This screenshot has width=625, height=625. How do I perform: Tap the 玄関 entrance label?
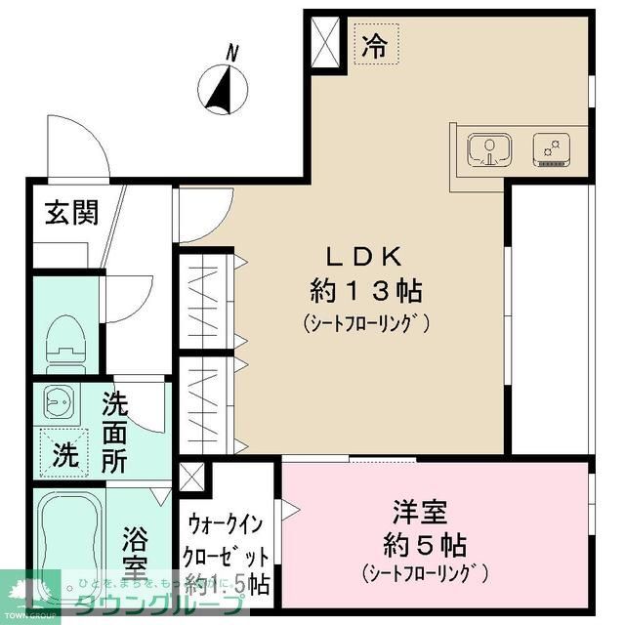64,212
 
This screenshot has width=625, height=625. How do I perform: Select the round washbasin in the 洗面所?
58,402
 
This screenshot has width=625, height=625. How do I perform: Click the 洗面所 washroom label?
115,431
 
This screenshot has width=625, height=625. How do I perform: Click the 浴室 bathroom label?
135,552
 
